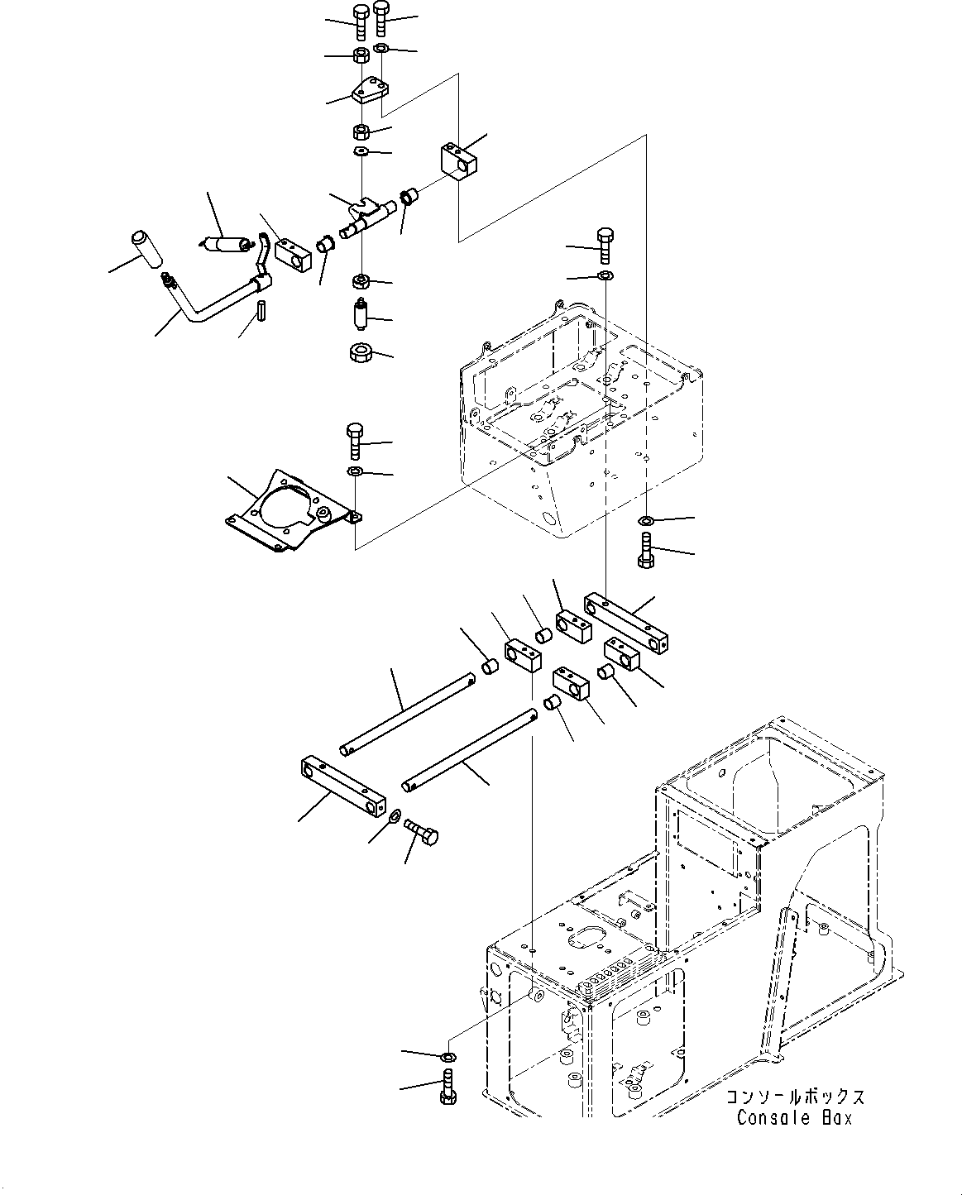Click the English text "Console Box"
(x=793, y=1118)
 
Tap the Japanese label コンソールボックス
(x=795, y=1097)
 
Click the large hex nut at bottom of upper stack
(x=361, y=353)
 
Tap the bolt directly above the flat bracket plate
(x=353, y=440)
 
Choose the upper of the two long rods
(x=405, y=715)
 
